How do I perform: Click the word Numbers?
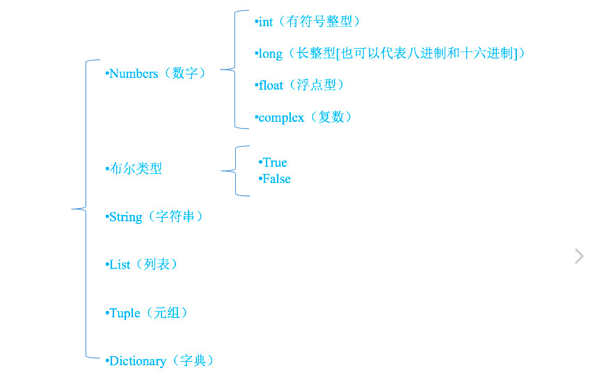tap(134, 74)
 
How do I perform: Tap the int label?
tap(266, 22)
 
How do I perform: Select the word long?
tap(271, 54)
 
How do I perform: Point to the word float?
tap(271, 85)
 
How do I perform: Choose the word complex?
tap(281, 117)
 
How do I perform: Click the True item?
tap(275, 162)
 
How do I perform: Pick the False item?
tap(276, 179)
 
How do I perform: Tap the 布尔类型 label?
tap(136, 168)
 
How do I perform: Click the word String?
tap(126, 217)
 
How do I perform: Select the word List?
tap(120, 265)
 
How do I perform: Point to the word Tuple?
tap(125, 313)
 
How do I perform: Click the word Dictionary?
tap(138, 361)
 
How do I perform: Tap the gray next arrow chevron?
tap(579, 256)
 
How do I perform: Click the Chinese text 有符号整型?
tap(319, 22)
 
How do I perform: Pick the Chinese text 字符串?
tap(175, 216)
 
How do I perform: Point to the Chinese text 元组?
tap(166, 312)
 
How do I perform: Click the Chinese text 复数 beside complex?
tap(330, 117)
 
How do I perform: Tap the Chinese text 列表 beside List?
tap(157, 264)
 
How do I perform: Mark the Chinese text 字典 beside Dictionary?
tap(193, 360)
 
